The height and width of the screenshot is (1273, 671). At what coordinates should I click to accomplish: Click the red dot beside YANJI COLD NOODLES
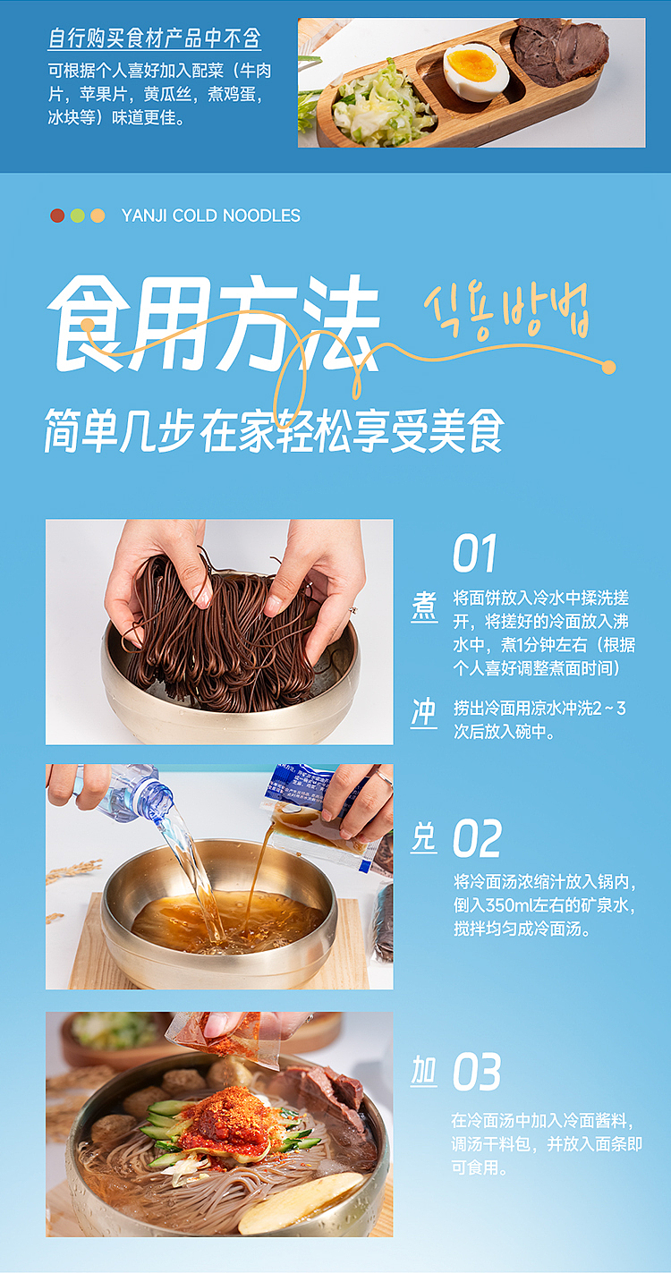coord(57,216)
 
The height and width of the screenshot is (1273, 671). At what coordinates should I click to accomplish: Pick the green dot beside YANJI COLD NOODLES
coord(78,216)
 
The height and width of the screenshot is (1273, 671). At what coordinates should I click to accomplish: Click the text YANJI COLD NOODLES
coord(210,216)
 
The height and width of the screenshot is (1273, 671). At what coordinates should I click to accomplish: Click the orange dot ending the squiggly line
coord(609,367)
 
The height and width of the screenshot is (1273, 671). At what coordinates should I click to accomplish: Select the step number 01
coord(474,554)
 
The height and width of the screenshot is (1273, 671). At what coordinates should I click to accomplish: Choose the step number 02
coord(477,838)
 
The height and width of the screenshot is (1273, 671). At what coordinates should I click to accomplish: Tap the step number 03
coord(477,1072)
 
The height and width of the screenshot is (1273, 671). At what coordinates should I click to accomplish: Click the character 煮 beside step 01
coord(424,606)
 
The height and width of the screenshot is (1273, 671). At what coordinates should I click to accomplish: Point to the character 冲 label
coord(424,712)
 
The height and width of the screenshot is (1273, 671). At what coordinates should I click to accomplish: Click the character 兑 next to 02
coord(424,838)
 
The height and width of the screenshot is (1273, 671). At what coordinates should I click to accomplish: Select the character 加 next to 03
coord(424,1071)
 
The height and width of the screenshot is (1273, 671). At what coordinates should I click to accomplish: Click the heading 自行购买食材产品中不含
coord(155,39)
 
